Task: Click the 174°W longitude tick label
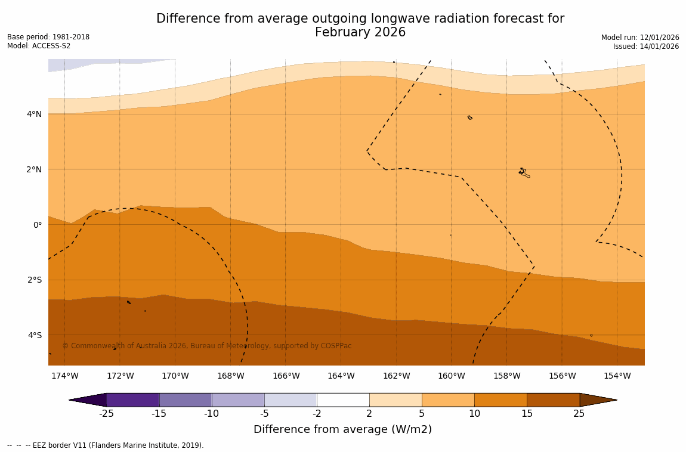click(64, 376)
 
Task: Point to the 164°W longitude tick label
click(341, 376)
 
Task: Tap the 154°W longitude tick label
click(617, 376)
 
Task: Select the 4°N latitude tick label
click(35, 114)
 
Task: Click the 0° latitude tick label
click(38, 225)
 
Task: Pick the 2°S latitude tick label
click(35, 280)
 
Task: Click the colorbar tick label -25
click(106, 414)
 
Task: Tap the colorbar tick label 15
click(527, 414)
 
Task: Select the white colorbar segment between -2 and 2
click(343, 400)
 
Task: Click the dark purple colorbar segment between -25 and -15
click(132, 400)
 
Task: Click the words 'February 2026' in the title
click(360, 33)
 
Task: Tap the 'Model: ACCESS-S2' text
click(39, 46)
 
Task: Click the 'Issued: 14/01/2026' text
click(646, 47)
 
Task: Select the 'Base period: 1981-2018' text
click(48, 37)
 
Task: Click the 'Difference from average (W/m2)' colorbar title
click(342, 429)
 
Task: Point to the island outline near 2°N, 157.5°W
click(523, 172)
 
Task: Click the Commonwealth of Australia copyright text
click(207, 346)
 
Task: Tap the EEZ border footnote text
click(105, 445)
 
